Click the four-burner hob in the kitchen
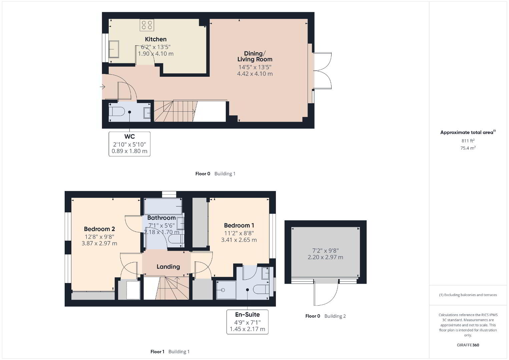pos(147,25)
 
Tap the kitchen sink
pos(114,49)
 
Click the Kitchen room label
pos(156,39)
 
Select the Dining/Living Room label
pos(255,56)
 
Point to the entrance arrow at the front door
pos(102,87)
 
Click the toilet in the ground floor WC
pos(117,112)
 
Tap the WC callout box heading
pos(129,137)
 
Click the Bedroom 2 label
pos(99,229)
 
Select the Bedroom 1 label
pos(239,225)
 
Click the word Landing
pos(168,267)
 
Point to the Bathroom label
pos(161,218)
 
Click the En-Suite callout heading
pos(247,315)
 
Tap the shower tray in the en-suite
pos(226,290)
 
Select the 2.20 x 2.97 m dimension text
pos(326,257)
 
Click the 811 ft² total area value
pos(468,141)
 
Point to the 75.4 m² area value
pos(468,148)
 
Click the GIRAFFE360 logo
pos(468,345)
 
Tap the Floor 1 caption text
pos(157,352)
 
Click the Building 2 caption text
pos(335,316)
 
